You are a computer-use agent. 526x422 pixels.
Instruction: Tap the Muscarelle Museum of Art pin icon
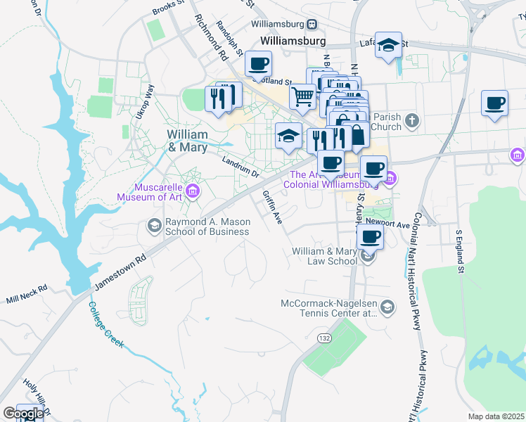click(191, 190)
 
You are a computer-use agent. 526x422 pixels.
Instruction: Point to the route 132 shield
click(323, 338)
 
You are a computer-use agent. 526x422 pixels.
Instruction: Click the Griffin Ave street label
click(272, 207)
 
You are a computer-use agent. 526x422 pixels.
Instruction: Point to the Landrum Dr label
click(241, 167)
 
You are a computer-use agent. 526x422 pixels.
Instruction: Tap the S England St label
click(460, 250)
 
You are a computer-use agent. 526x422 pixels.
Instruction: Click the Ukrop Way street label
click(145, 102)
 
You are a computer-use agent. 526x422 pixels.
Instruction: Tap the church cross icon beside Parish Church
click(411, 122)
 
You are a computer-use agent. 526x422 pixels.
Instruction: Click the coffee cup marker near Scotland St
click(258, 64)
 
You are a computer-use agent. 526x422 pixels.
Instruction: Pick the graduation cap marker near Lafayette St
click(387, 44)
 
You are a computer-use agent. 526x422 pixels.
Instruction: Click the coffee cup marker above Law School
click(371, 236)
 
